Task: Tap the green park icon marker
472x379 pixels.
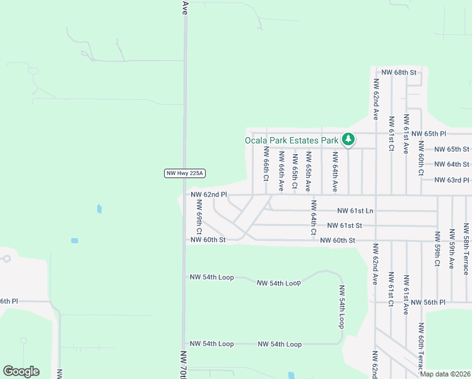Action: click(348, 139)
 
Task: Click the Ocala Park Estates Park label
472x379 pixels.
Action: click(292, 140)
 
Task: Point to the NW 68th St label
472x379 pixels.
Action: click(399, 73)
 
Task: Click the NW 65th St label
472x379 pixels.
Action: click(452, 150)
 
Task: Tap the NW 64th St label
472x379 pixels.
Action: click(452, 164)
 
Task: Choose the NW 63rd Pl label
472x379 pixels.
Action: click(452, 179)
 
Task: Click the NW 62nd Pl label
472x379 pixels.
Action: click(208, 195)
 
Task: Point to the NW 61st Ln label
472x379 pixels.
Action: click(356, 210)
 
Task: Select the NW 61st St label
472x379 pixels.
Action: click(345, 226)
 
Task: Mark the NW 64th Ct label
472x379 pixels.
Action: click(313, 218)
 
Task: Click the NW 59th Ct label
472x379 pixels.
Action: click(437, 249)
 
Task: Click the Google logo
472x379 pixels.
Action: click(21, 371)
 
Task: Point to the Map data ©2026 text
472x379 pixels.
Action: click(444, 374)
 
